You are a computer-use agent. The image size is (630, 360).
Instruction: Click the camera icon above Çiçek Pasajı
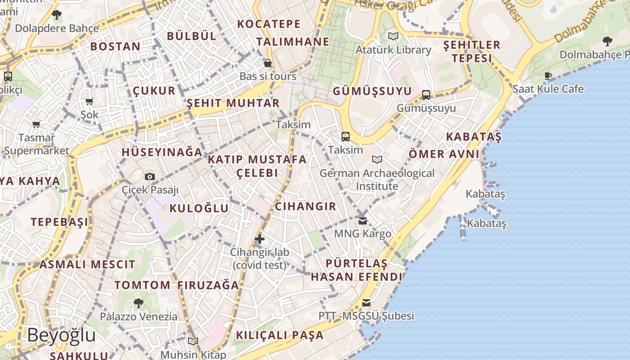150,176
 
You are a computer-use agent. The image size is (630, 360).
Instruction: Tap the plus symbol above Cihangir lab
260,239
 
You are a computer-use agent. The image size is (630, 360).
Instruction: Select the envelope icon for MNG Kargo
363,220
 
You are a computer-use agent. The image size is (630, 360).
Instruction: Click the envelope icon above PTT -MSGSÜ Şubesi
366,302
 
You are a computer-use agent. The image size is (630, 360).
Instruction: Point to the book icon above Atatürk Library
393,36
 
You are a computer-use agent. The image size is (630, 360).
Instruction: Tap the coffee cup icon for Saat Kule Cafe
548,76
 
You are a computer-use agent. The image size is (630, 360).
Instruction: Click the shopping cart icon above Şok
89,101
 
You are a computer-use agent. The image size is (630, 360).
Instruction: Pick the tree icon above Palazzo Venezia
139,303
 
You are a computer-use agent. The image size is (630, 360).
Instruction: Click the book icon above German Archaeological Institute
377,159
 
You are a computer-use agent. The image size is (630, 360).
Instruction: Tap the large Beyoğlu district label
61,335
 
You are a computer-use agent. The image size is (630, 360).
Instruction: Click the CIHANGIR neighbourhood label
305,207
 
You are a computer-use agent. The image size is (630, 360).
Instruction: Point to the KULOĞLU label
199,208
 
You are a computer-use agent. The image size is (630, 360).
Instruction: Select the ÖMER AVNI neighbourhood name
444,154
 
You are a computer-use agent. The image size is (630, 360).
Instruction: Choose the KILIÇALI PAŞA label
279,335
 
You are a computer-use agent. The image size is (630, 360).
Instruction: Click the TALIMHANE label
293,42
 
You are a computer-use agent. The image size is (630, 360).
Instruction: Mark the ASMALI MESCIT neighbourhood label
87,265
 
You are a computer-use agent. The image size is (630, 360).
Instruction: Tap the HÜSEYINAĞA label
162,152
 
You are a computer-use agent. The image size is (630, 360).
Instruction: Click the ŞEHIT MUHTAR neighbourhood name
233,103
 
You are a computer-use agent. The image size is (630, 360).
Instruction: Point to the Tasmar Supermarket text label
36,144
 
